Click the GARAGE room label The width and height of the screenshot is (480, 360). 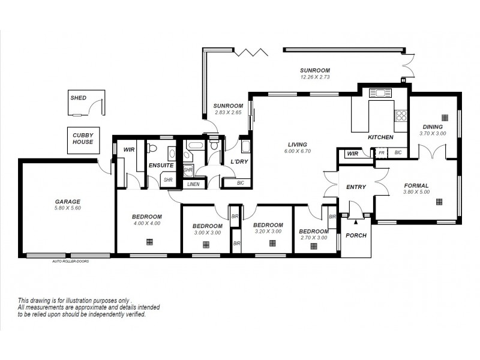[x=67, y=202]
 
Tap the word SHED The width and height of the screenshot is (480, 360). [x=79, y=97]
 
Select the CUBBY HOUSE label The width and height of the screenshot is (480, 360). [x=83, y=139]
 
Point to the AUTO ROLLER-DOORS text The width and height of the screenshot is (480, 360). [x=71, y=262]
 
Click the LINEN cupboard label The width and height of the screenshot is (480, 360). [x=193, y=184]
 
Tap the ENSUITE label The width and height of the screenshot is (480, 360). [x=161, y=165]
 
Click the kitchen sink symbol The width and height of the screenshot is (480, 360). [x=380, y=94]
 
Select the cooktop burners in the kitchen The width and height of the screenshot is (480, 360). [x=401, y=115]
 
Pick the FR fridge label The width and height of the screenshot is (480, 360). [x=381, y=154]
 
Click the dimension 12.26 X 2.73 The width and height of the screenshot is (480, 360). [x=315, y=77]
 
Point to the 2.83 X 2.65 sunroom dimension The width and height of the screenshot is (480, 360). [x=228, y=112]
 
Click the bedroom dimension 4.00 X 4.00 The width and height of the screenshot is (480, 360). [x=146, y=223]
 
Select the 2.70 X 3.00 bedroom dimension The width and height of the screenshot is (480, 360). [x=313, y=238]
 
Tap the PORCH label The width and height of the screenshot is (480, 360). [x=356, y=235]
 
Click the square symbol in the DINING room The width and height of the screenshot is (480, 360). [x=445, y=117]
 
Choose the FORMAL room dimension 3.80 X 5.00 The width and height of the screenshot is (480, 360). [x=416, y=192]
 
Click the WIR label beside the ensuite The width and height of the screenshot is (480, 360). [x=128, y=149]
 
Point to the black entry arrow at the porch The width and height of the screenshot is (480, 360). [x=356, y=222]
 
